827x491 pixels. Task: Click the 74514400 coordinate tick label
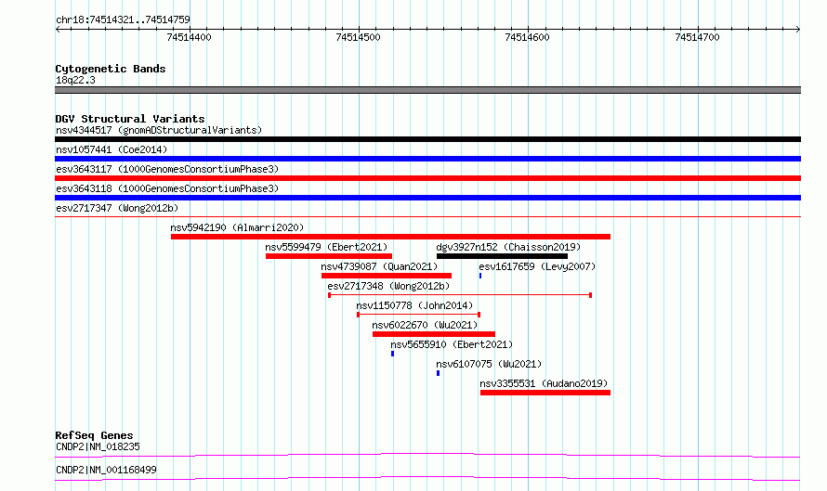point(189,37)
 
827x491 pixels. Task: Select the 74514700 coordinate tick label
point(697,37)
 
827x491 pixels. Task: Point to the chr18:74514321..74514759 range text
point(123,19)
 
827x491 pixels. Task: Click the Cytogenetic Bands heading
point(111,69)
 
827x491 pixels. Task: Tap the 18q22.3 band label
point(75,80)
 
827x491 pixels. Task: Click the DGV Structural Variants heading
point(130,119)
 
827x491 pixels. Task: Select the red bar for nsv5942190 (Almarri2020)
point(390,237)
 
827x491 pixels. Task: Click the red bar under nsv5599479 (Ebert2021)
point(329,256)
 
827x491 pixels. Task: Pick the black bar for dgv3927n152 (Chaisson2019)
point(502,256)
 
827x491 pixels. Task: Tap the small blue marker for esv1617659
point(480,276)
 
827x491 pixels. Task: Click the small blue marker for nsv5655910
point(392,354)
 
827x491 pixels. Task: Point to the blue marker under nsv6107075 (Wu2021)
point(438,373)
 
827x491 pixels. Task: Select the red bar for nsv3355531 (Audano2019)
point(545,393)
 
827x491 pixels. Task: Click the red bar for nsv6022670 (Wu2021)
point(434,334)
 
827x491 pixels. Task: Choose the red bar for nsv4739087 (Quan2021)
point(386,276)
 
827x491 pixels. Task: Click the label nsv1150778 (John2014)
point(414,305)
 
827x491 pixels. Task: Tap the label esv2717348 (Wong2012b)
point(388,286)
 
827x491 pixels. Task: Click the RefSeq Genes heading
point(95,435)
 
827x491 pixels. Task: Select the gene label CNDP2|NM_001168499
point(106,470)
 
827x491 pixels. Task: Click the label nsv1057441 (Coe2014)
point(112,149)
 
